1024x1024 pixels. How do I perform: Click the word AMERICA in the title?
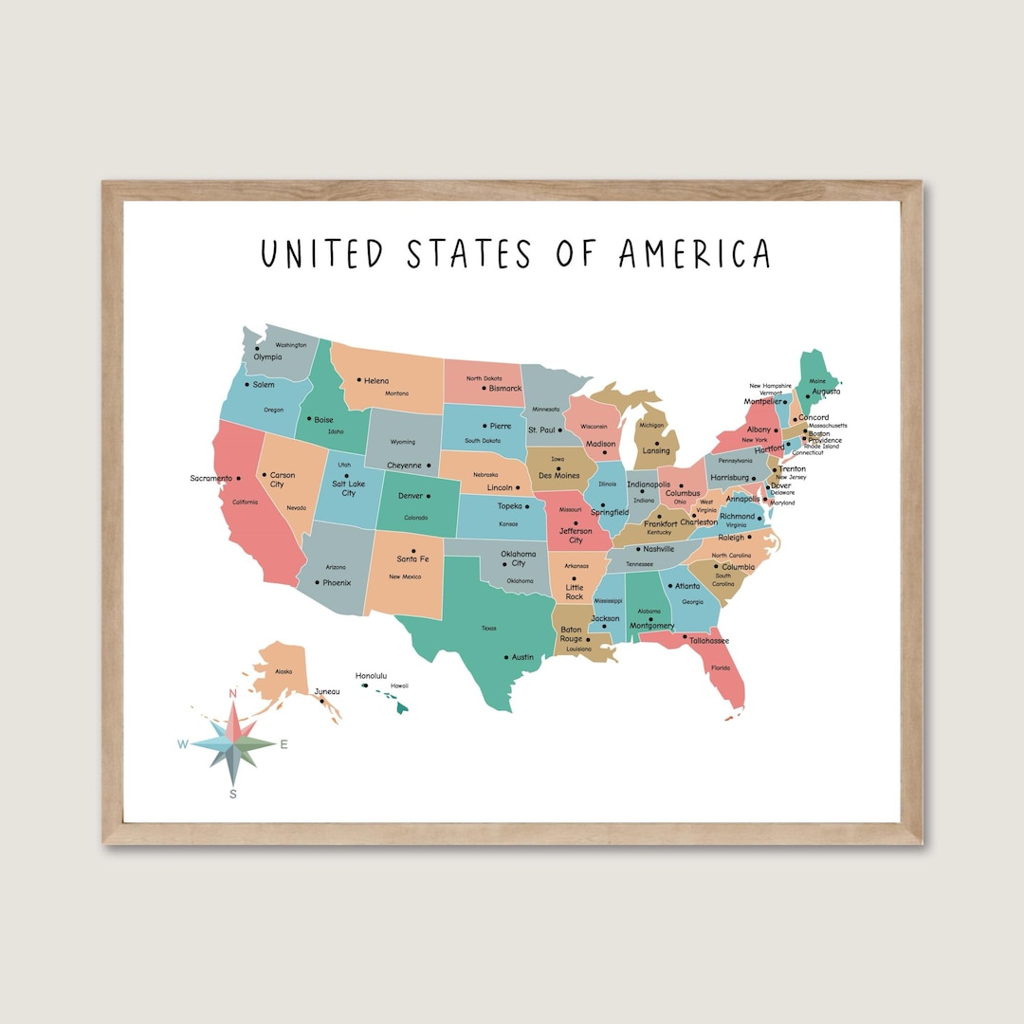pos(694,254)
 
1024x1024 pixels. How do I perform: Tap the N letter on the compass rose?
pos(232,694)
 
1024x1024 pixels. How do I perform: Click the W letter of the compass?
pos(182,744)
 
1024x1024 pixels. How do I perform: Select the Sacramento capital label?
pos(210,479)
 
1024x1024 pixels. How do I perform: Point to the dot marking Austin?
pos(504,656)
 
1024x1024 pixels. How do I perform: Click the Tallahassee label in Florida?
pos(708,641)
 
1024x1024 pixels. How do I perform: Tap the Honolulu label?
pos(371,676)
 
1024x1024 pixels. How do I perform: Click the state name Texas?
pos(488,628)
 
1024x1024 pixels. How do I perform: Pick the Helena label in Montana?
pos(375,381)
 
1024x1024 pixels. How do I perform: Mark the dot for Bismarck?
pos(484,388)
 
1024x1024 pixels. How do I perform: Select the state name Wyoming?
pos(402,442)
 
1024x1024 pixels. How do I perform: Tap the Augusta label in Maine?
pos(826,392)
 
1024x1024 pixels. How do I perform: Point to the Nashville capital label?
pos(658,549)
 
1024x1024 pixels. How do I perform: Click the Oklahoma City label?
pos(519,558)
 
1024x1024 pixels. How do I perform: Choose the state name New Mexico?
pos(405,576)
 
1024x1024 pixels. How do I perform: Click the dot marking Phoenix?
pos(317,582)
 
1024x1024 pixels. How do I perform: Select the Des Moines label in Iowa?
pos(558,475)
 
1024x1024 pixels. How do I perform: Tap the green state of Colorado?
pos(417,503)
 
